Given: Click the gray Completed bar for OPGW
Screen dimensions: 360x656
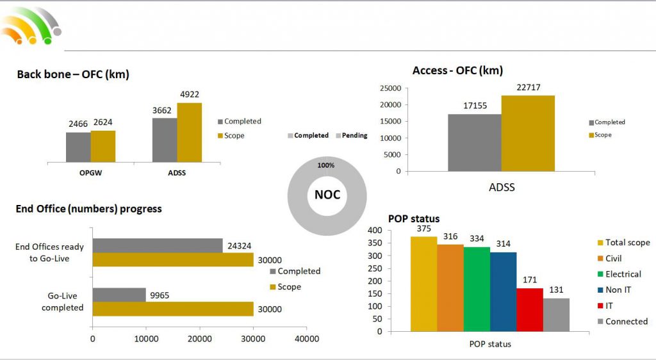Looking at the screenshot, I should pos(78,147).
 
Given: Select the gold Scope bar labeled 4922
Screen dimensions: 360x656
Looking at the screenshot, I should pos(190,132).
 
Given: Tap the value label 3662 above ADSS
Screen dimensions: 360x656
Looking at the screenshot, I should pos(163,110).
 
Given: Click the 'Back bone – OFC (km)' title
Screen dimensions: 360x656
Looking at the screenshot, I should pos(73,74).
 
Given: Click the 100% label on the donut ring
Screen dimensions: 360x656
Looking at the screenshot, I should pos(326,165).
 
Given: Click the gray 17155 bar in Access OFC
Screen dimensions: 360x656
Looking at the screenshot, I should pos(474,142).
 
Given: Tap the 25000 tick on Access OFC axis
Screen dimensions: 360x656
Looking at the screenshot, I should pos(390,88).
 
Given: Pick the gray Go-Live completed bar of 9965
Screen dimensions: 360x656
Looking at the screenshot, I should pos(119,295).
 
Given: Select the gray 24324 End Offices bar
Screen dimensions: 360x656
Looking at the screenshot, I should pos(158,245).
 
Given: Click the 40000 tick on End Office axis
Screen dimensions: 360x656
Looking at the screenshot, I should pos(306,339).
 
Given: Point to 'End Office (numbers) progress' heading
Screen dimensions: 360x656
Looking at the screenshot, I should pos(88,209).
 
